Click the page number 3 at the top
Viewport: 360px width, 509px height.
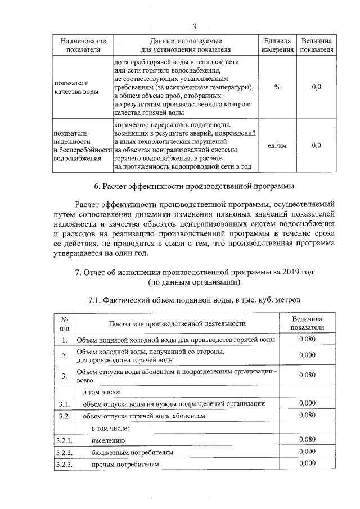[194, 26]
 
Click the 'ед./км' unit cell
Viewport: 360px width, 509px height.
[277, 145]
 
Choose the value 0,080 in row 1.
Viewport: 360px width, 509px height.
[307, 339]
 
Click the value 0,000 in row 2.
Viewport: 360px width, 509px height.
[307, 355]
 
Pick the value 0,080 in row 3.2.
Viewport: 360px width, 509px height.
[307, 416]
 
